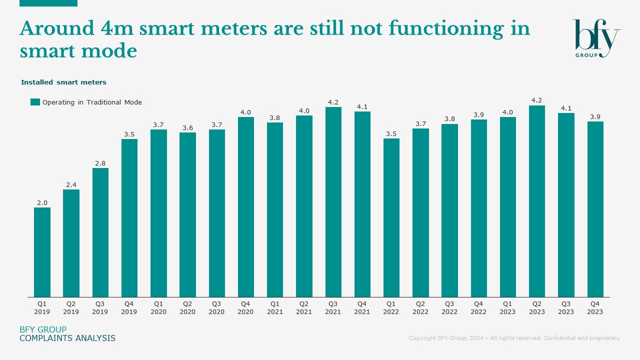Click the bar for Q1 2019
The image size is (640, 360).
[x=42, y=252]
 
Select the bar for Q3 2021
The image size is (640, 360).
[x=333, y=202]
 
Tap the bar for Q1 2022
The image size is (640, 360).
[x=391, y=217]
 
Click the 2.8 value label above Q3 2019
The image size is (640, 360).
[x=100, y=163]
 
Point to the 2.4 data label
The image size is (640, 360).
[x=71, y=185]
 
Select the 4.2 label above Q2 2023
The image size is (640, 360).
[x=537, y=100]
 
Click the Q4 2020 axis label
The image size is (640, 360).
[x=245, y=307]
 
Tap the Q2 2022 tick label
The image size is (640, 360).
[x=420, y=307]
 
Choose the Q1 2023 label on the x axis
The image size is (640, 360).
[x=507, y=307]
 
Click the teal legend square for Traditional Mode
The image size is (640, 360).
[x=35, y=102]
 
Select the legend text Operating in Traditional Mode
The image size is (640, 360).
[x=92, y=102]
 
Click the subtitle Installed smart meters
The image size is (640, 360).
[x=63, y=82]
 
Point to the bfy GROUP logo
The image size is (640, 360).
[x=596, y=38]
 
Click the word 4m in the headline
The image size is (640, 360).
[x=115, y=28]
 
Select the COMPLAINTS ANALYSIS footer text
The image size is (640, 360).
[x=67, y=338]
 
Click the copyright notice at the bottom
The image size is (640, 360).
[x=514, y=338]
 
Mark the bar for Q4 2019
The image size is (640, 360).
[x=129, y=218]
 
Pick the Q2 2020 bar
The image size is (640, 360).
[x=187, y=214]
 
